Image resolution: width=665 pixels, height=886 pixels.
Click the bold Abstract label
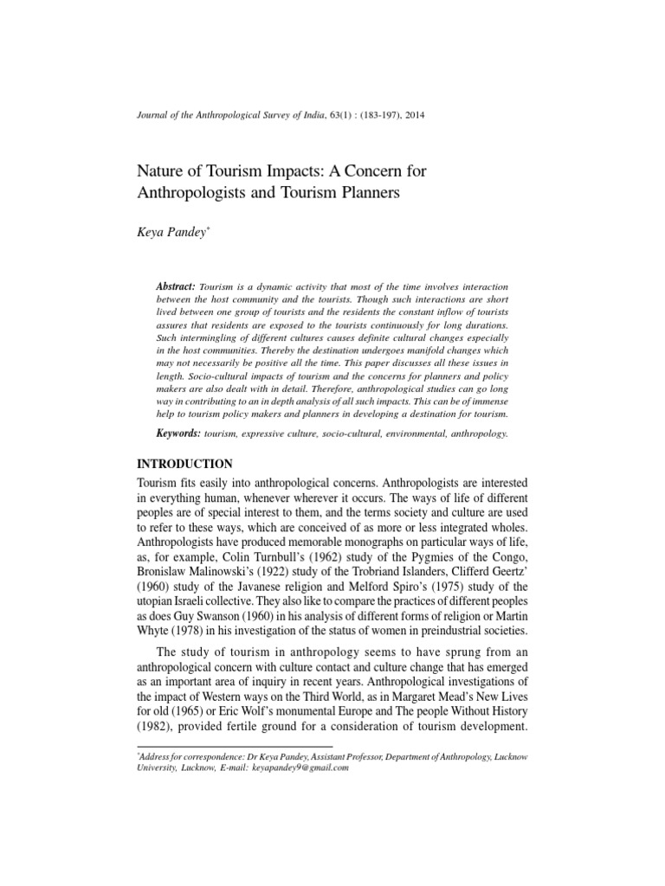[176, 286]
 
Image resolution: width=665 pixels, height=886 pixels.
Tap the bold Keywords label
[178, 432]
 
